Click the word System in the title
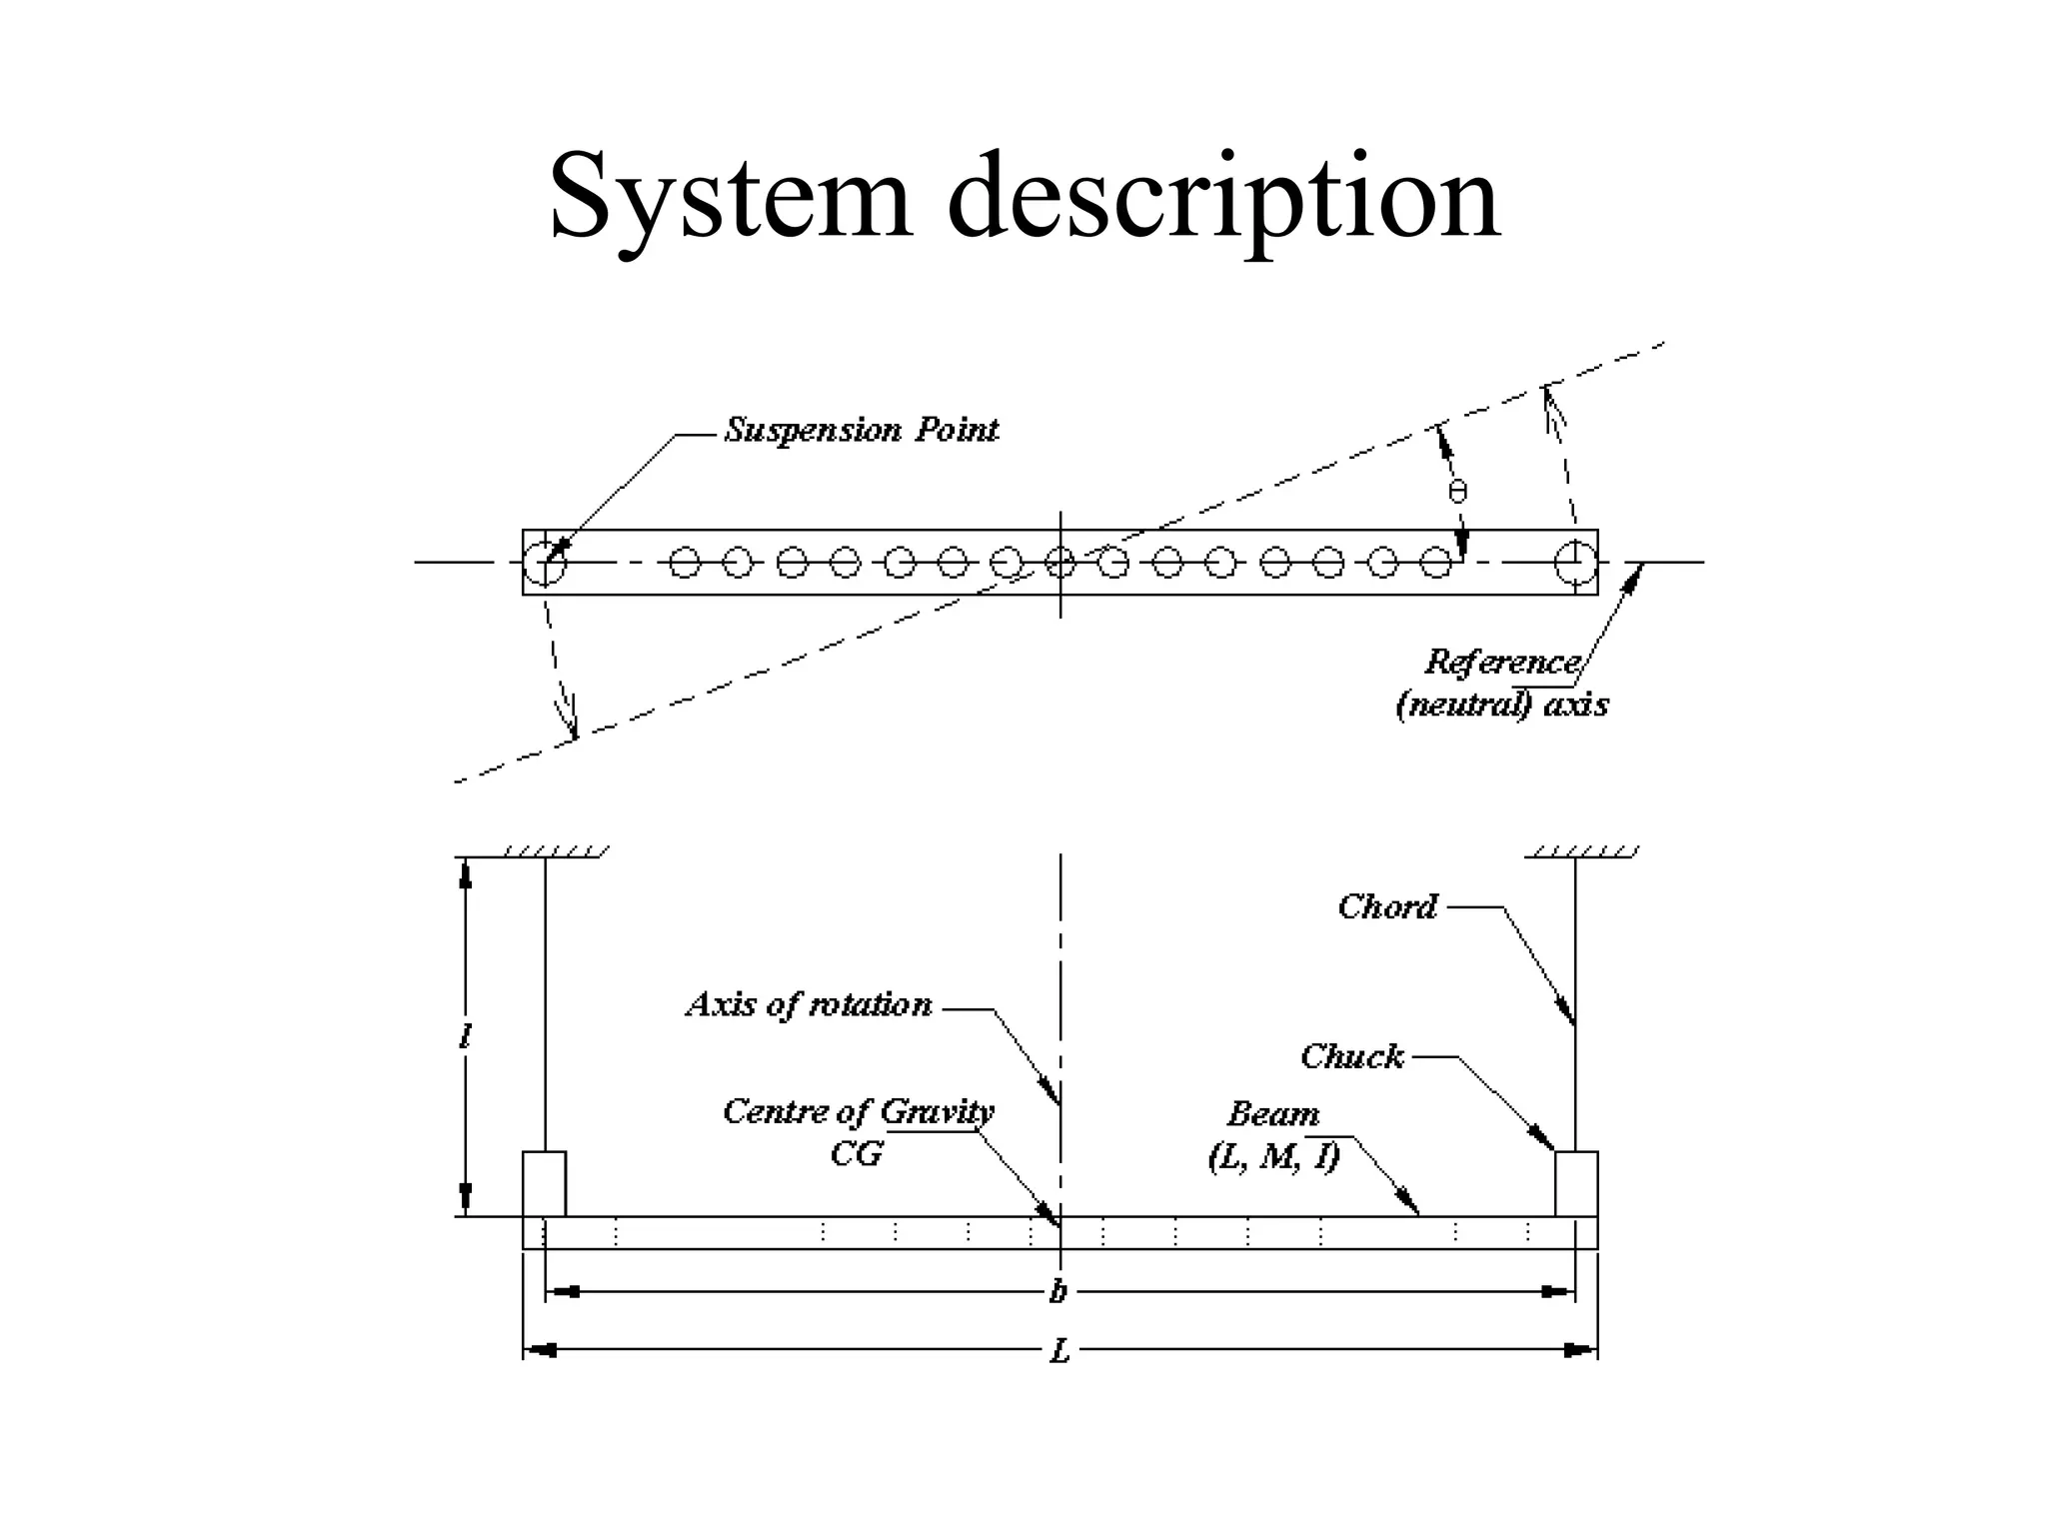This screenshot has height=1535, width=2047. point(731,197)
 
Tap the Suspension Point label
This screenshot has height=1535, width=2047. point(861,431)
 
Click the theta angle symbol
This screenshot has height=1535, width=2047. point(1457,492)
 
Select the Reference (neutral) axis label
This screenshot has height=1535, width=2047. point(1502,684)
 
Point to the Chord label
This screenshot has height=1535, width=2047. point(1387,907)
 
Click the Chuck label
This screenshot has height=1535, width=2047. point(1352,1057)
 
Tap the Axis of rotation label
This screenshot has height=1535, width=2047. point(809,1005)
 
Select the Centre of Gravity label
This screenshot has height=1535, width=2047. point(858,1112)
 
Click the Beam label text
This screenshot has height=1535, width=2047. point(1273,1114)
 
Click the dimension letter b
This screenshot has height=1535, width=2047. point(1058,1293)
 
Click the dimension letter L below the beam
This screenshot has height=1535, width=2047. point(1059,1352)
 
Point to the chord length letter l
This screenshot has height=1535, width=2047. point(465,1037)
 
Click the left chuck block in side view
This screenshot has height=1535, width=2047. point(544,1183)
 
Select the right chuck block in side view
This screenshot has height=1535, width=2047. point(1576,1183)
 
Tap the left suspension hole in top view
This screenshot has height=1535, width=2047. point(545,563)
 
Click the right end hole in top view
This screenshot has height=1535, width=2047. point(1575,563)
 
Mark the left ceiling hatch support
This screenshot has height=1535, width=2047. point(553,852)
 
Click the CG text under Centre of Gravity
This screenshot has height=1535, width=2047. point(857,1155)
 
